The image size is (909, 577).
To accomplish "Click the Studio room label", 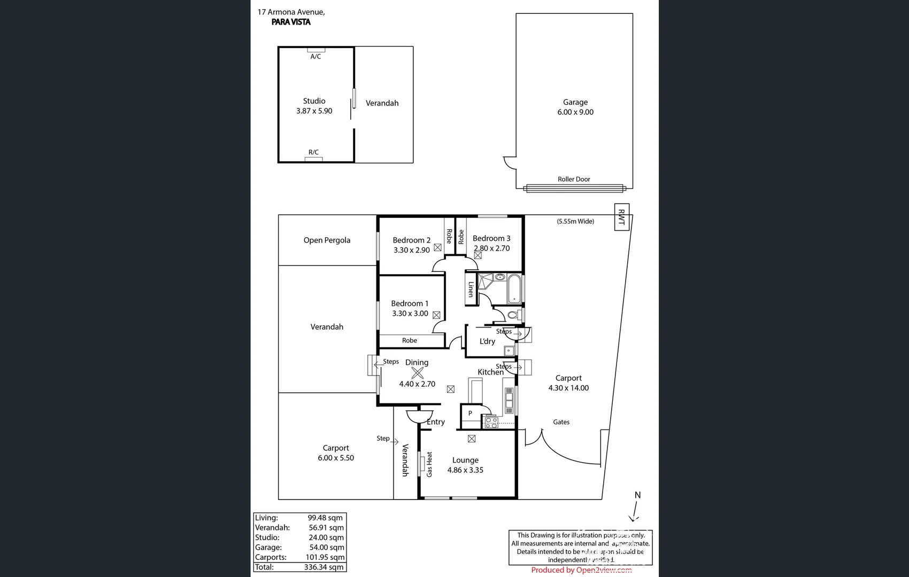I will pyautogui.click(x=314, y=101).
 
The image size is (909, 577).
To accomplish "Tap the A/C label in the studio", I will pyautogui.click(x=315, y=57).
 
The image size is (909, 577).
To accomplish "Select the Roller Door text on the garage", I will pyautogui.click(x=574, y=180).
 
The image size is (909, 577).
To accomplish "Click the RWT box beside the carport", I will pyautogui.click(x=621, y=217).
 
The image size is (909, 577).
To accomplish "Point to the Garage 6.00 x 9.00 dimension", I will pyautogui.click(x=575, y=112).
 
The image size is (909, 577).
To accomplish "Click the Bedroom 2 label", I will pyautogui.click(x=411, y=240).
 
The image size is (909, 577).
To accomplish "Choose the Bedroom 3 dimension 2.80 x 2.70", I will pyautogui.click(x=491, y=248).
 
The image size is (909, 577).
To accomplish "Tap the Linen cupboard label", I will pyautogui.click(x=471, y=290).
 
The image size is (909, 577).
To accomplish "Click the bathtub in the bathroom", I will pyautogui.click(x=514, y=288).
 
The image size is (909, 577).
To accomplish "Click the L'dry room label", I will pyautogui.click(x=487, y=341).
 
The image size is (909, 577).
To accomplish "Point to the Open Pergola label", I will pyautogui.click(x=327, y=240).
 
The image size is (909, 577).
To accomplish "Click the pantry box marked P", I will pyautogui.click(x=470, y=413).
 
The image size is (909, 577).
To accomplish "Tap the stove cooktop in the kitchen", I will pyautogui.click(x=491, y=423).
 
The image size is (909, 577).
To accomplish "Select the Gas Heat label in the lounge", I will pyautogui.click(x=429, y=464).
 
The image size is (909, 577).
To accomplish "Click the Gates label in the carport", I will pyautogui.click(x=561, y=422).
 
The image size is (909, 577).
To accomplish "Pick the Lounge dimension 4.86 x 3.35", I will pyautogui.click(x=465, y=470).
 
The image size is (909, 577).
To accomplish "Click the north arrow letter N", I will pyautogui.click(x=637, y=495).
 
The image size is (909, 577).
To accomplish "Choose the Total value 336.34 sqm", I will pyautogui.click(x=323, y=567).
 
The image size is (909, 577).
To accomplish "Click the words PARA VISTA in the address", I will pyautogui.click(x=291, y=22).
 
